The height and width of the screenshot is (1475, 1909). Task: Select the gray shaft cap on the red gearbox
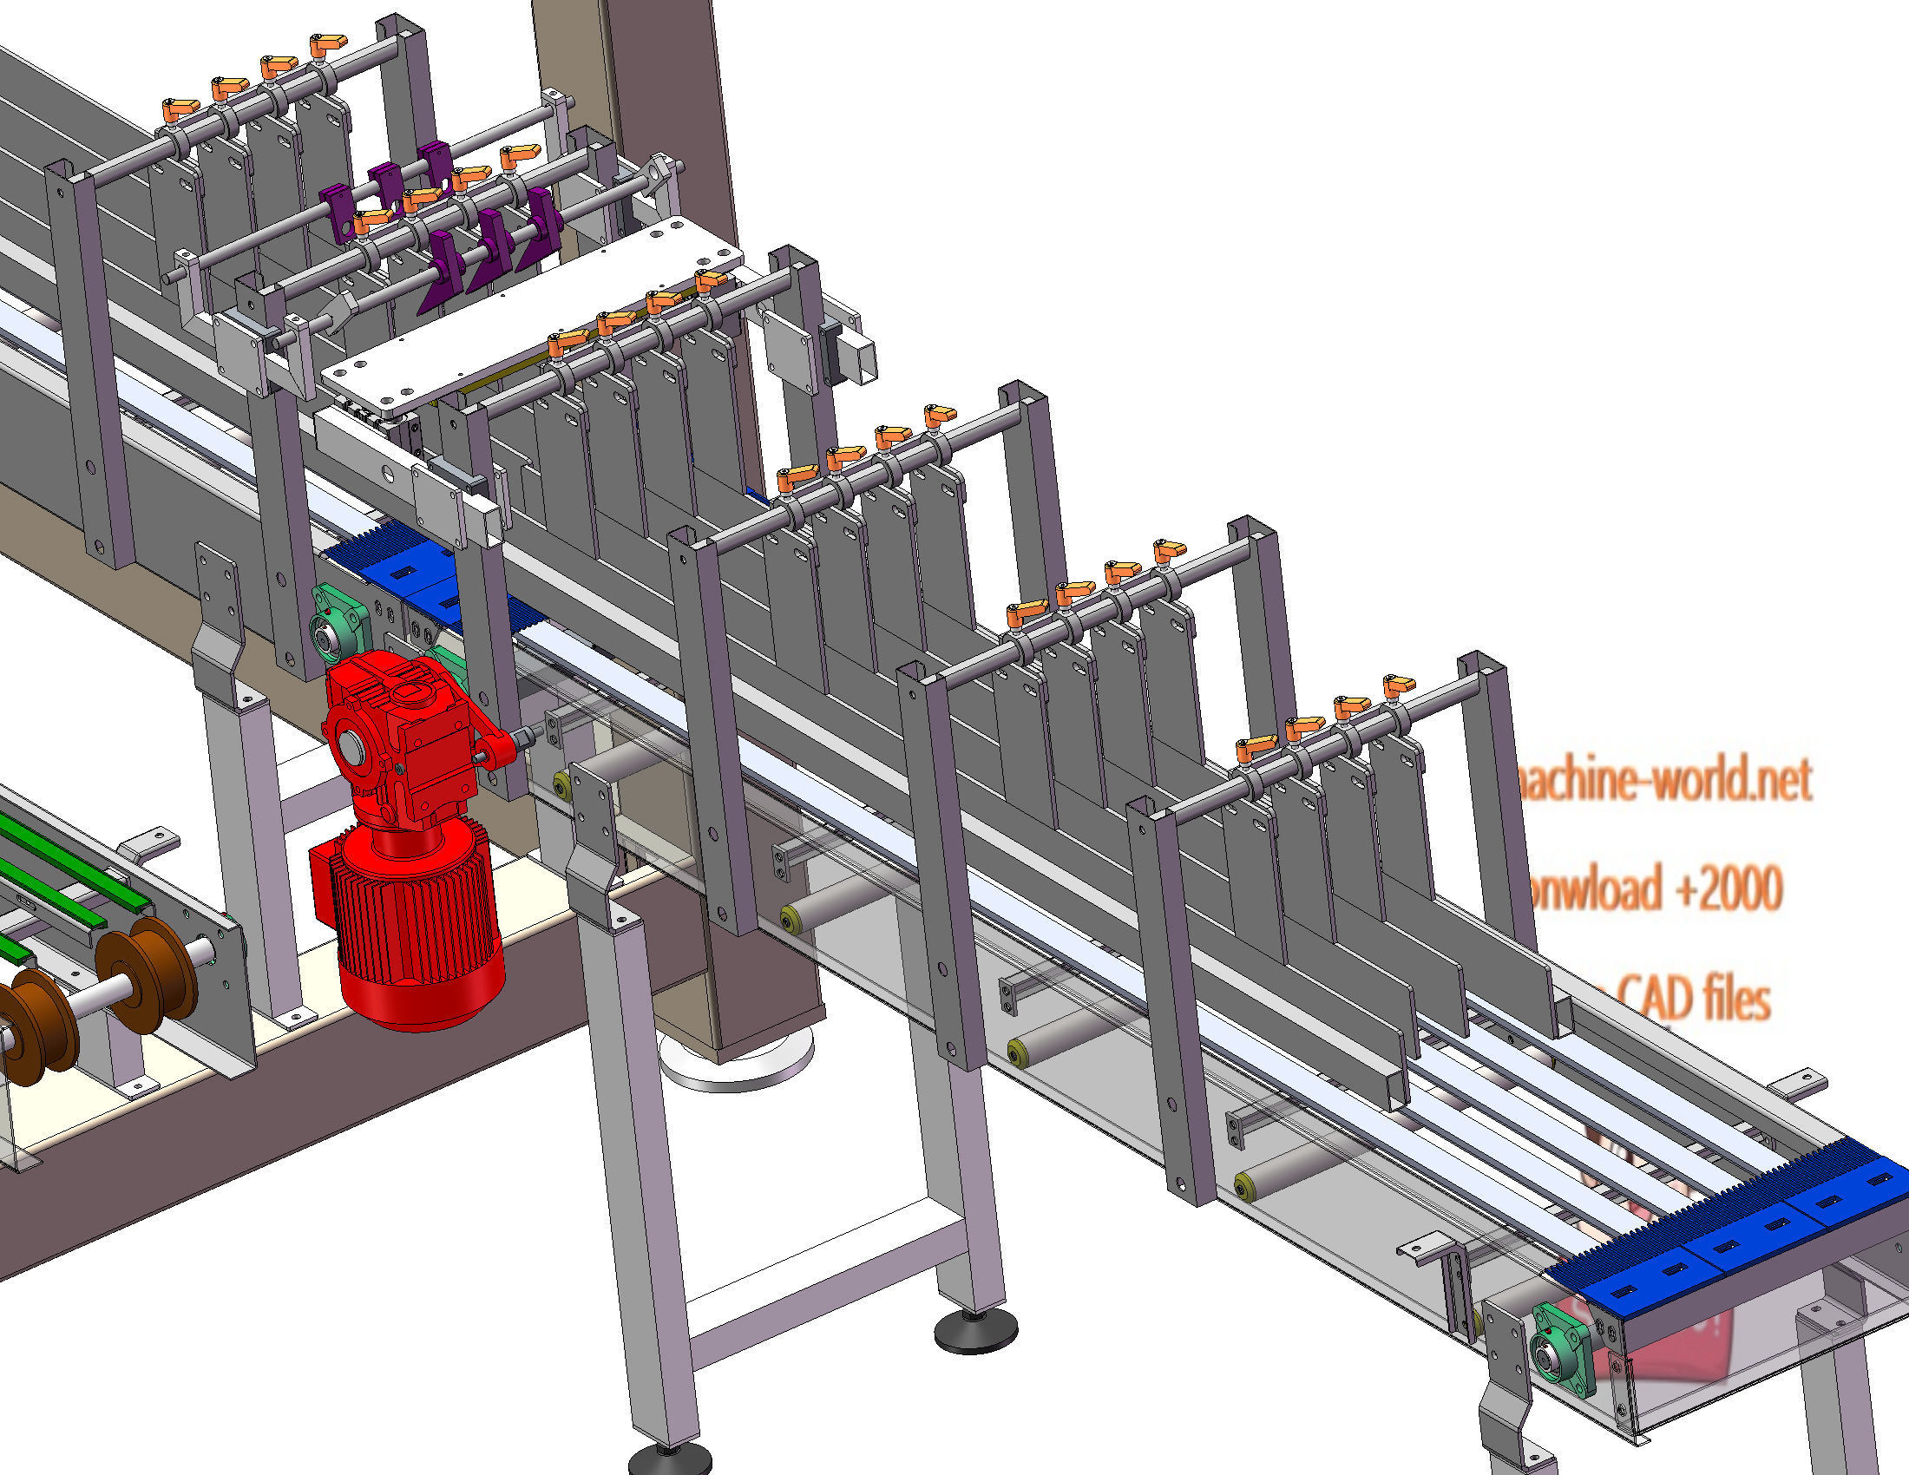coord(351,748)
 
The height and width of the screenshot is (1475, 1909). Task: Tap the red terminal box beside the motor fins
coord(325,882)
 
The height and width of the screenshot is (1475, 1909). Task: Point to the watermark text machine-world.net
coord(1661,780)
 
